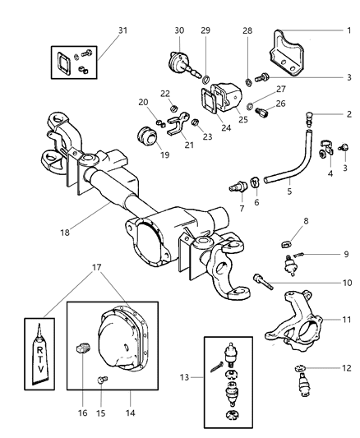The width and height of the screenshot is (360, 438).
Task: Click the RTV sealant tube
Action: coord(40,354)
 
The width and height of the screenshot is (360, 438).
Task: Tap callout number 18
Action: coord(65,232)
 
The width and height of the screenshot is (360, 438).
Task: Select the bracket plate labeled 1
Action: coord(286,53)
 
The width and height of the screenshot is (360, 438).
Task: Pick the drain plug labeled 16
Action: coord(82,348)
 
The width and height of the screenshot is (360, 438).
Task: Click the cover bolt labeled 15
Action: coord(102,380)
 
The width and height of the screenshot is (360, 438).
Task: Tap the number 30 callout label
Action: coord(179,30)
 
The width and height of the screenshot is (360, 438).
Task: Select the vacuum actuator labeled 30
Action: coord(183,65)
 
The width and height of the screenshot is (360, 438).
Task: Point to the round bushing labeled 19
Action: coord(147,136)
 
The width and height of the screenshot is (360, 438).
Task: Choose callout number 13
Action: coord(185,377)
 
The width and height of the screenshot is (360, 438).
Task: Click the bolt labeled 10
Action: coord(263,282)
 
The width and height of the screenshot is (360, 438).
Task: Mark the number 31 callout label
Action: coord(123,30)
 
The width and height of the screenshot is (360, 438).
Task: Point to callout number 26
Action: coord(280,104)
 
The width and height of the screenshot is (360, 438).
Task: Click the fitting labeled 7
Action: coord(238,187)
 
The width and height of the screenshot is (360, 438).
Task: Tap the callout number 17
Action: coord(97,267)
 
